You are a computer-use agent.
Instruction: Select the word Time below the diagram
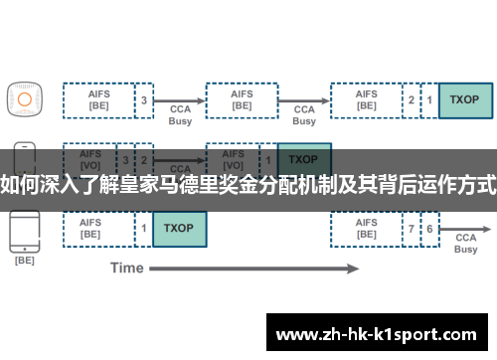click(127, 268)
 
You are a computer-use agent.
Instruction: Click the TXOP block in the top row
click(465, 99)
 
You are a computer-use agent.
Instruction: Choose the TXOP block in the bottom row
click(179, 228)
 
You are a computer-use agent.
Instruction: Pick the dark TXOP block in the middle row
click(303, 159)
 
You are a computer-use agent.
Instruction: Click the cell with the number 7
click(412, 228)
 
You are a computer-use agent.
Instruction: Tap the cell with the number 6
click(429, 228)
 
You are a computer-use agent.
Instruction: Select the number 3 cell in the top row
click(145, 99)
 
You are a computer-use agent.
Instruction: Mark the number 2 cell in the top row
click(412, 99)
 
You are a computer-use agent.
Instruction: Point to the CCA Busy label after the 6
click(466, 244)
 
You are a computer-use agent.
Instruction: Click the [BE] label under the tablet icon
click(24, 261)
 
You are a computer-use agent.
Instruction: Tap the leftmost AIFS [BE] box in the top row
click(98, 99)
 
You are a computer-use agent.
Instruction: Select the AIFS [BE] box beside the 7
click(366, 228)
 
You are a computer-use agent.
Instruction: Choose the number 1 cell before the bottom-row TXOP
click(145, 228)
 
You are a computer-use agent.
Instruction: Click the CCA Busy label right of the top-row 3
click(180, 114)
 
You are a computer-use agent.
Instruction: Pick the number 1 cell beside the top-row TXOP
click(429, 99)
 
